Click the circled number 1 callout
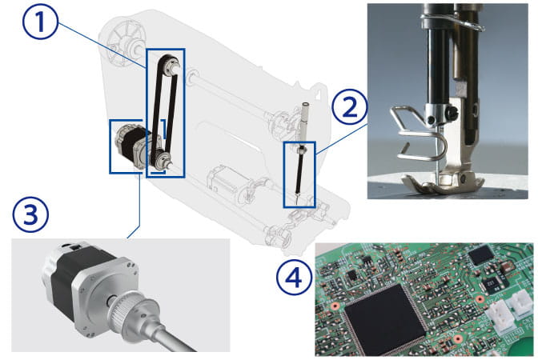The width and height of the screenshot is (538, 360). coord(41,22)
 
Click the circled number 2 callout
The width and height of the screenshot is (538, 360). coord(350,107)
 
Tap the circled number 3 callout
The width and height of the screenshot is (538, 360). coord(30,214)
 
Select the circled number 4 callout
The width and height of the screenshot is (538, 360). coord(294,277)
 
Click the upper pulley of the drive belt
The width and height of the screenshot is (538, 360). coord(171,64)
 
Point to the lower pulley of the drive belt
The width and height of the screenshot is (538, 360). coord(161,159)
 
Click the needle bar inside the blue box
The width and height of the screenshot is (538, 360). coord(299,171)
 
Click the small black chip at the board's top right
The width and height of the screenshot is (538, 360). coord(481,254)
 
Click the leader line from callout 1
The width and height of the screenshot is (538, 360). coord(102,44)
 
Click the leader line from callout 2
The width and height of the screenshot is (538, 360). coord(341,138)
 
